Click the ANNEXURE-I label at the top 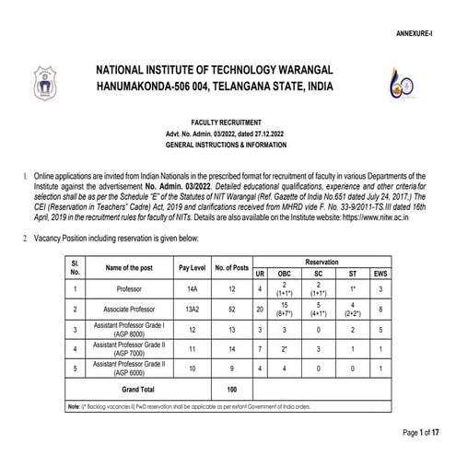coord(425,30)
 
